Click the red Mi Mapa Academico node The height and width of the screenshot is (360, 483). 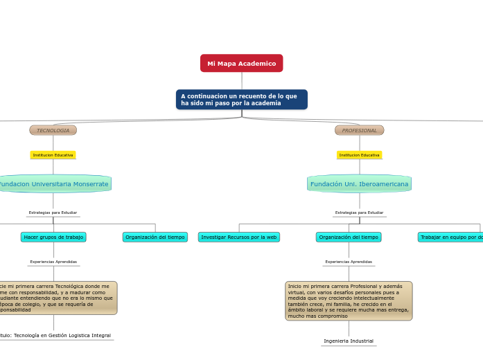point(241,63)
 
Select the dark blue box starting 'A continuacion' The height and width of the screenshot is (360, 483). point(241,100)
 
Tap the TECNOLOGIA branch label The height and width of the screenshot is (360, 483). point(53,130)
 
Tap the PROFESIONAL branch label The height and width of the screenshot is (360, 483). point(359,130)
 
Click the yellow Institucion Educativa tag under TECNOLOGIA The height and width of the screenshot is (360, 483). point(53,155)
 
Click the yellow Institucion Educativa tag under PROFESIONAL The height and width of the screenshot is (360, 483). point(359,155)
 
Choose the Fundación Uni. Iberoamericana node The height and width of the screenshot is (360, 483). point(359,183)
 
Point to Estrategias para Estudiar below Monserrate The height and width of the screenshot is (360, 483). point(53,213)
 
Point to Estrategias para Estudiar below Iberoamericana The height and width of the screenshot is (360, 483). point(359,213)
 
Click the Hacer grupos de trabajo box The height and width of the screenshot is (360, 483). point(53,237)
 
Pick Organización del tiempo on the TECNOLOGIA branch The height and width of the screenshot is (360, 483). point(155,237)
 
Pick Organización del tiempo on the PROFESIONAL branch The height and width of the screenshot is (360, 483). point(349,237)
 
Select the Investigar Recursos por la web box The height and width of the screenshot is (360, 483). point(239,237)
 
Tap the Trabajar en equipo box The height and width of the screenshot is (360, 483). point(451,237)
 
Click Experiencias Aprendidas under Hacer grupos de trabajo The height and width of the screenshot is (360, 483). point(53,262)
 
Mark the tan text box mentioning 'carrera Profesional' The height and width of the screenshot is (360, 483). point(349,300)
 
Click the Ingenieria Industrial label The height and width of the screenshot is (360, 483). point(349,341)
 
